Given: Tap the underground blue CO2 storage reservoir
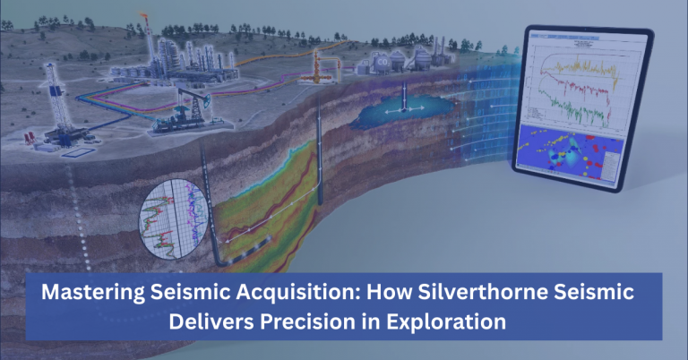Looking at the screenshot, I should tap(402, 113).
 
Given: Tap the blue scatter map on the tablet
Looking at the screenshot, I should tap(564, 153).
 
